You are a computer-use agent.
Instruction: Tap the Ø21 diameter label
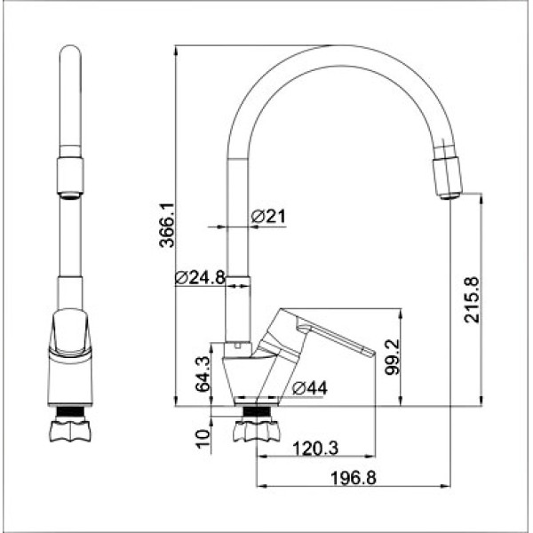click(267, 216)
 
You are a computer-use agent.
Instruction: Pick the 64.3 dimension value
click(202, 374)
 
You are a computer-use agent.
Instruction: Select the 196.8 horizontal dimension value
click(353, 478)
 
